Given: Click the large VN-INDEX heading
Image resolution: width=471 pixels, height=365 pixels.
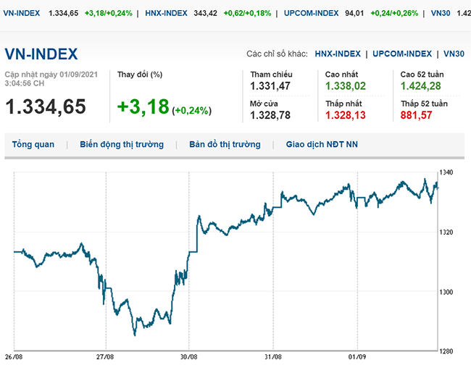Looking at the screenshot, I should click(x=41, y=54).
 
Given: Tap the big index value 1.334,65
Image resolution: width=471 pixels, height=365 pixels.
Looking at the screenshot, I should click(x=46, y=106).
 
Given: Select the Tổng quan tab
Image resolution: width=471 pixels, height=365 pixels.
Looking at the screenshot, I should click(x=33, y=144).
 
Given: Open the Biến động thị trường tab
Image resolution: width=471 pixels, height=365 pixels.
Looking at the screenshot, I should click(x=122, y=144).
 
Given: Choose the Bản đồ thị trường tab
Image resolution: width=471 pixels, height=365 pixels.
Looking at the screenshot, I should click(x=225, y=144).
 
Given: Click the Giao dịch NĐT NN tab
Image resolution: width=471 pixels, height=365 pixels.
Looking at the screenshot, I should click(x=322, y=144).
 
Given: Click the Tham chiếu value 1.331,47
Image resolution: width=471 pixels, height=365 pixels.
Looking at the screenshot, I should click(x=270, y=86).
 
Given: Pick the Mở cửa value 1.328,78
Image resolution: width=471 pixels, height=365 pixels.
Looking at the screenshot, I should click(x=270, y=115).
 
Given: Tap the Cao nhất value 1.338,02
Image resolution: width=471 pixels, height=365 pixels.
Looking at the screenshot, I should click(x=346, y=86).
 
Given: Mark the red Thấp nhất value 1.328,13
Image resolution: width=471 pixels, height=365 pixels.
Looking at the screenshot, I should click(x=346, y=115).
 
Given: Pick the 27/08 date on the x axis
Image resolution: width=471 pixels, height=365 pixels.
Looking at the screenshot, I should click(x=105, y=357).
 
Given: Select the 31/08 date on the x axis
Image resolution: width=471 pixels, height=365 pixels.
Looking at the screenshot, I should click(x=272, y=357).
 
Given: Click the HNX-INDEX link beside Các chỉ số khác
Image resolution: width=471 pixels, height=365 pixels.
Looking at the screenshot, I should click(x=338, y=54).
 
